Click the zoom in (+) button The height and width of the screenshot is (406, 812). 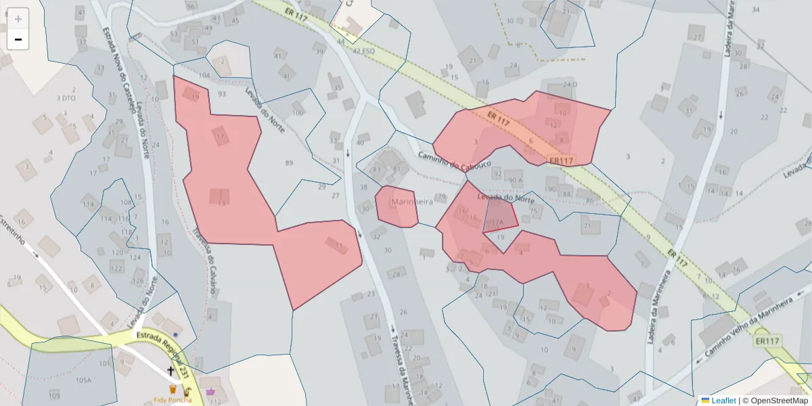click(x=18, y=18)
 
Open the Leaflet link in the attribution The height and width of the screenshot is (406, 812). click(x=723, y=400)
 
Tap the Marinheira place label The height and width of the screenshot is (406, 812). click(x=411, y=202)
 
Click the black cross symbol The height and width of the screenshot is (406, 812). click(x=171, y=370)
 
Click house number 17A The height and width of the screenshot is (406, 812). click(x=497, y=221)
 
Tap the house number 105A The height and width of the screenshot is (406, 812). click(x=83, y=380)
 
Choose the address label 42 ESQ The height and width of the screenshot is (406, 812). click(x=363, y=50)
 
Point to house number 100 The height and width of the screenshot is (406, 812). click(x=298, y=112)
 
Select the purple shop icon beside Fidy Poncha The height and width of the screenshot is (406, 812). click(x=210, y=391)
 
